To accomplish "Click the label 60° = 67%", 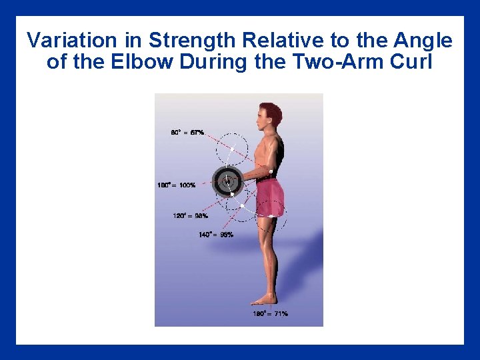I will (x=187, y=133).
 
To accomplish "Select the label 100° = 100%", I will (x=177, y=185).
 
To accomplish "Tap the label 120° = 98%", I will (x=190, y=215).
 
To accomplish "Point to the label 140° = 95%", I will (x=216, y=235).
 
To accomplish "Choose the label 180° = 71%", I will (x=270, y=313).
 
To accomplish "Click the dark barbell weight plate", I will (x=227, y=181).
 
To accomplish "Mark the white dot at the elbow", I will (x=271, y=172).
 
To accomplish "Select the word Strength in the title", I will (x=193, y=41).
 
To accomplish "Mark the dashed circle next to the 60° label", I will (x=233, y=147).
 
